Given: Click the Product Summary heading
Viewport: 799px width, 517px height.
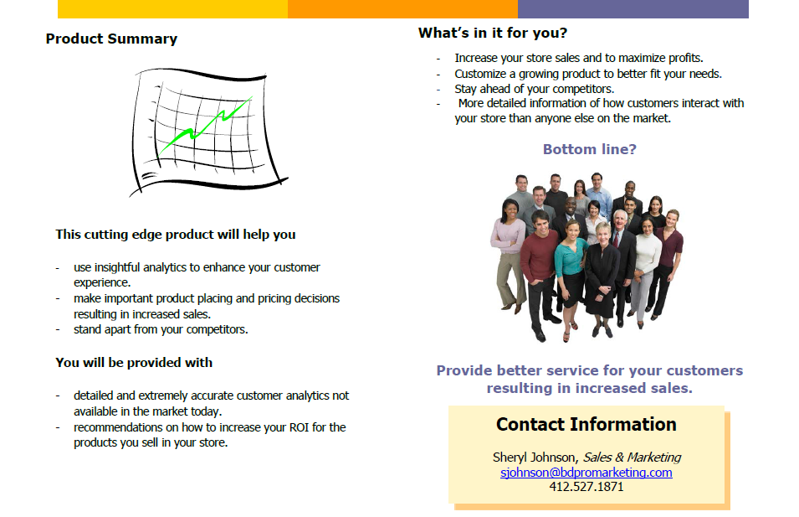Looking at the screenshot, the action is pos(111,39).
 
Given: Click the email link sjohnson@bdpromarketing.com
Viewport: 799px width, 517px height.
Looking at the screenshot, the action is pos(586,473).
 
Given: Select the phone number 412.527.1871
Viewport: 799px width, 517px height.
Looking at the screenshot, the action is pos(586,487).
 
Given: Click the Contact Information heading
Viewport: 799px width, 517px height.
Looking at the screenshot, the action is pos(586,425).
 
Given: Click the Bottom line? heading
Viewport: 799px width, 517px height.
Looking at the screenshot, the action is pos(590,149).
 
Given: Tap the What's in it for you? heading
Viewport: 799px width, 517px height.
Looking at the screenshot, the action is pos(493,34).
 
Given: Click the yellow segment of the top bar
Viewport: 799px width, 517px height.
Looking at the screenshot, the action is pos(172,8).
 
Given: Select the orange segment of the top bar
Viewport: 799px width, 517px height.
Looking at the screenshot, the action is pos(402,8).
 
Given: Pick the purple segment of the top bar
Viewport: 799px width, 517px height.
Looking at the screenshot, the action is pos(633,8).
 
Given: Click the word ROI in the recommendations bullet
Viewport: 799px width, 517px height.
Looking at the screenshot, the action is pos(300,427).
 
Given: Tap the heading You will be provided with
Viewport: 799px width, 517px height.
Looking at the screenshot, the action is pos(134,363).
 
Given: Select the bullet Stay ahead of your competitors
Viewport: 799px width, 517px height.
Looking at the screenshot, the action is pos(535,89).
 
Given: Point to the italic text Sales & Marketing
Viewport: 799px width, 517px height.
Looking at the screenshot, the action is pos(632,458).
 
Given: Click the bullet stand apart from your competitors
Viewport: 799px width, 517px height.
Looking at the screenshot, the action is pos(161,329).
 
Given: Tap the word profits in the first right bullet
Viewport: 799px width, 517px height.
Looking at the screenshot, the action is pos(685,58).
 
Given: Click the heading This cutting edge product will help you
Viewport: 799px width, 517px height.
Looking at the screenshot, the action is pos(176,235).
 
